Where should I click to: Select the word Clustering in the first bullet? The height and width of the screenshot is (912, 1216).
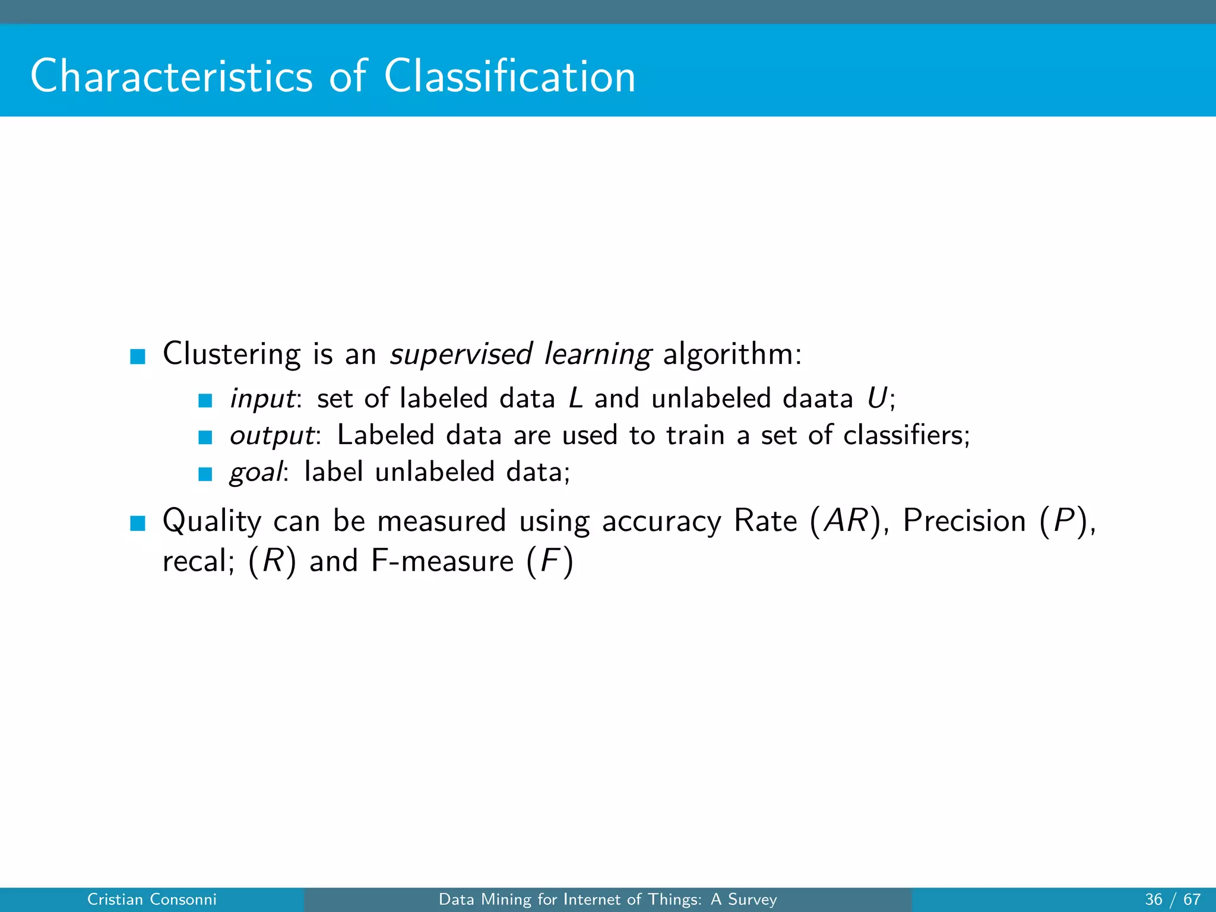(232, 354)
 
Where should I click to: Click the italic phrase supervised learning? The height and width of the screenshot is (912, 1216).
(520, 354)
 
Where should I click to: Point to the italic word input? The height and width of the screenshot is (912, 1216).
(263, 399)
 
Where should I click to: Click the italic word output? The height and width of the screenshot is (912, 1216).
(272, 436)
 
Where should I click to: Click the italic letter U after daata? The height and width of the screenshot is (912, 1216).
(877, 398)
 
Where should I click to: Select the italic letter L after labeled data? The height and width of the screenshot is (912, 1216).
(575, 398)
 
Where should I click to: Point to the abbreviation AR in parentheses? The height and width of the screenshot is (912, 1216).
(846, 521)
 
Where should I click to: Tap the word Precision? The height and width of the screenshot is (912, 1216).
(964, 521)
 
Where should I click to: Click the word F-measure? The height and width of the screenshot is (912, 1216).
(442, 561)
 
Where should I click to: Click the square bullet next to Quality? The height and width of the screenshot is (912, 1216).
(138, 523)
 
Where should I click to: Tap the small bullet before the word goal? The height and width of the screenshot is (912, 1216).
(205, 474)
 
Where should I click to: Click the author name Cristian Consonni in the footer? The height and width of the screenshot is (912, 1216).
(152, 900)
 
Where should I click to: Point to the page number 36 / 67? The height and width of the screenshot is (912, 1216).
(1172, 900)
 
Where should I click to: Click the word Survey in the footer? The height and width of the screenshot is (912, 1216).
(752, 900)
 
